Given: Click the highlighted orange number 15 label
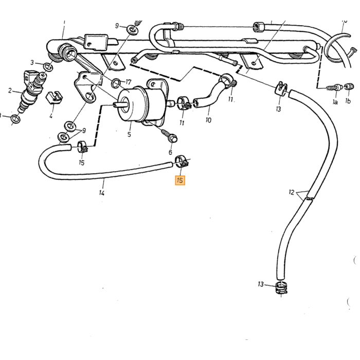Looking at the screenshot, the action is pyautogui.click(x=180, y=180).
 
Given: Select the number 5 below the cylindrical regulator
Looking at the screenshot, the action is pyautogui.click(x=129, y=134).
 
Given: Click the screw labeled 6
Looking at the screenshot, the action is pyautogui.click(x=169, y=135).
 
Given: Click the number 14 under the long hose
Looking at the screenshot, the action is pyautogui.click(x=102, y=192).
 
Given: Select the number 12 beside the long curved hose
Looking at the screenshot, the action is pyautogui.click(x=292, y=192).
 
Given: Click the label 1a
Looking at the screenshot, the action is pyautogui.click(x=335, y=102).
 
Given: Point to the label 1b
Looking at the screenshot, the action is pyautogui.click(x=348, y=101).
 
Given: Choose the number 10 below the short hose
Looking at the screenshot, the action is pyautogui.click(x=208, y=120).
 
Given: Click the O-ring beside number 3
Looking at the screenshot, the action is pyautogui.click(x=48, y=67).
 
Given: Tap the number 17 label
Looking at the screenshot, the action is pyautogui.click(x=128, y=82).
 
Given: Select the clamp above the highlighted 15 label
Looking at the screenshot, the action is pyautogui.click(x=182, y=161).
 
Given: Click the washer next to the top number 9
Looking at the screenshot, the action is pyautogui.click(x=133, y=30).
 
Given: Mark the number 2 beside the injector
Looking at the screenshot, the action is pyautogui.click(x=10, y=91).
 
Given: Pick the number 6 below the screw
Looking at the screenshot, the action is pyautogui.click(x=170, y=152).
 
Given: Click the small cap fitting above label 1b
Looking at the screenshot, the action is pyautogui.click(x=349, y=87).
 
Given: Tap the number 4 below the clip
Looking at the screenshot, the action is pyautogui.click(x=51, y=116).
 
